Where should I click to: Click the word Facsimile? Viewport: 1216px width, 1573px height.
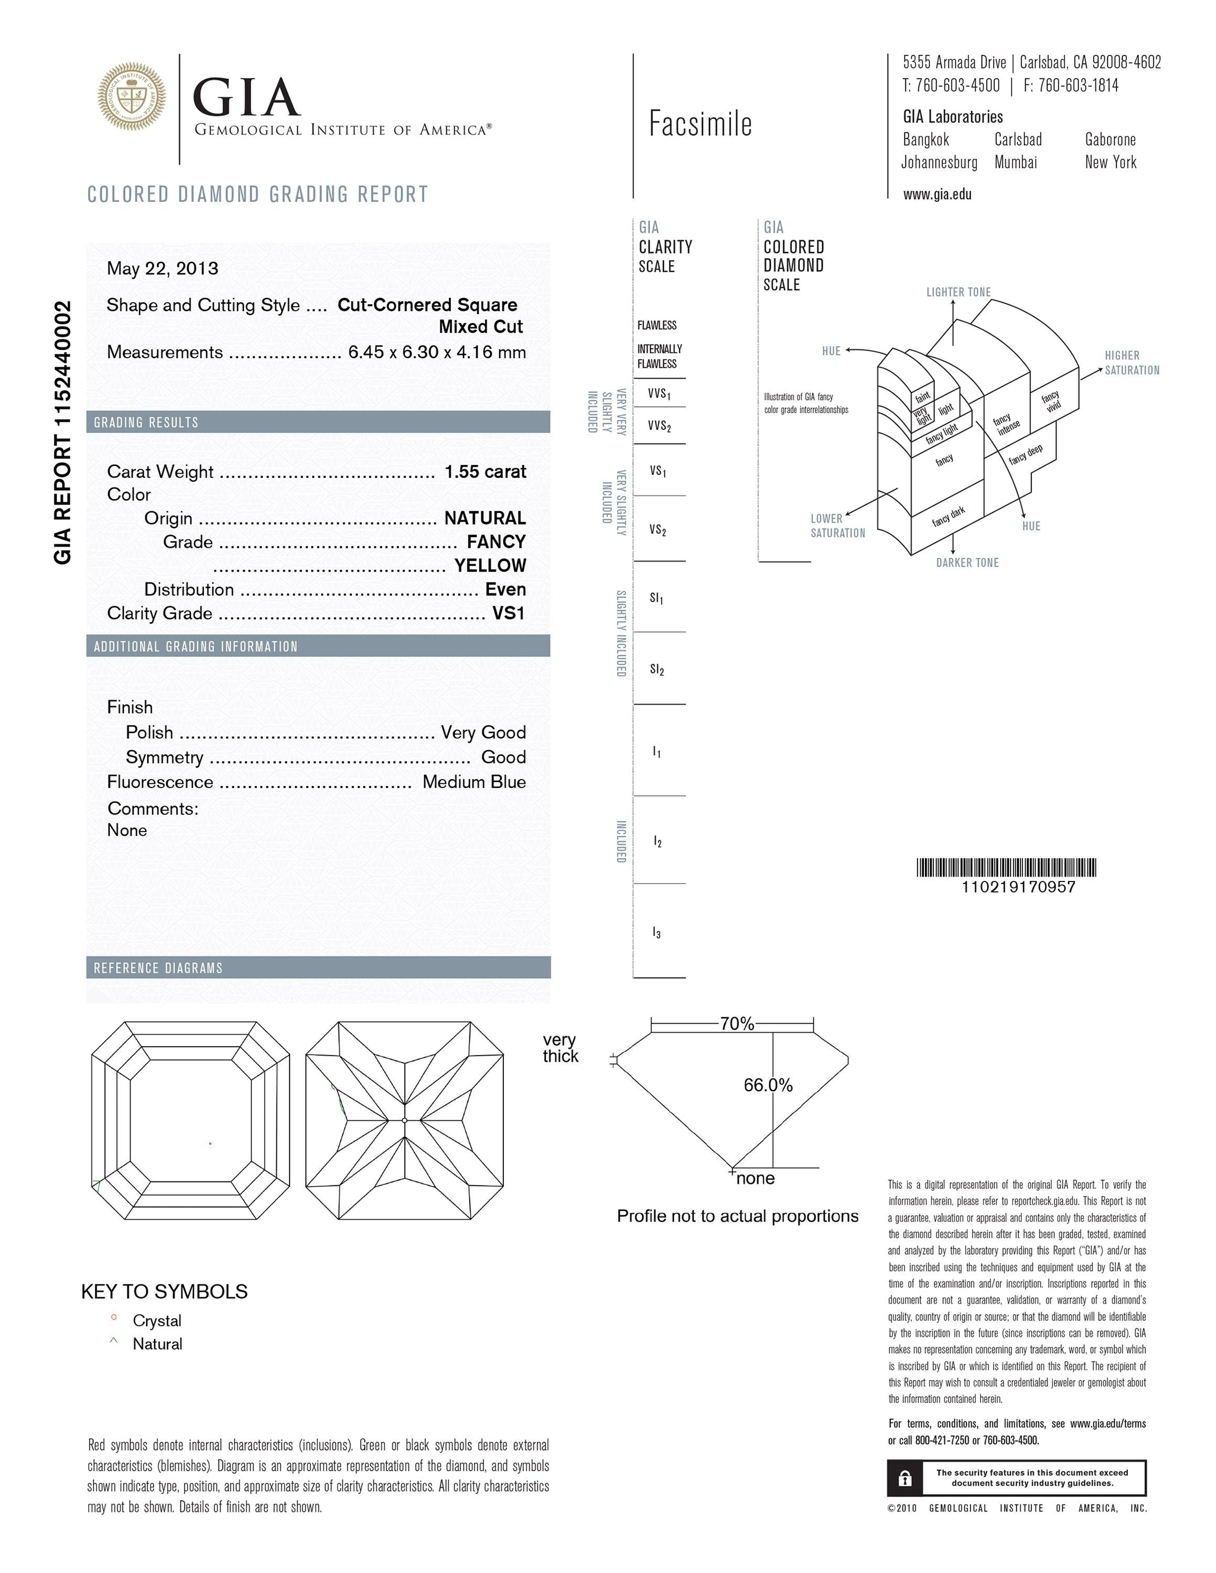click(x=700, y=124)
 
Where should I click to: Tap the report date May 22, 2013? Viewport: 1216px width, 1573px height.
click(x=162, y=268)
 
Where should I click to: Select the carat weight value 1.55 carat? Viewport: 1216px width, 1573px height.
click(x=486, y=472)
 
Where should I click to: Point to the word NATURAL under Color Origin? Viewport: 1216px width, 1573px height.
click(x=485, y=518)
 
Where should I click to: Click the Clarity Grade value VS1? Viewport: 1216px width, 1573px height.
click(x=508, y=613)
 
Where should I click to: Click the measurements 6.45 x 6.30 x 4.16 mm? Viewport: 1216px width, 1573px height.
click(x=437, y=352)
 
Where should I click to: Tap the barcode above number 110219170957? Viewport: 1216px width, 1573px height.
click(x=1006, y=867)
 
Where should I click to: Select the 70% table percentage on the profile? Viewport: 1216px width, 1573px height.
click(x=737, y=1023)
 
